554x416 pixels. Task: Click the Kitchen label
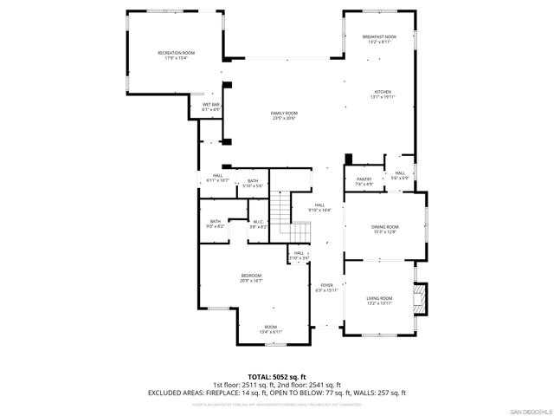pos(383,94)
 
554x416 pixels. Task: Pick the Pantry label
pos(364,181)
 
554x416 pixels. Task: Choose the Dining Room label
pos(384,229)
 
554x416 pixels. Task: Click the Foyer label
pos(326,287)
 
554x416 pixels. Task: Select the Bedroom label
pos(251,278)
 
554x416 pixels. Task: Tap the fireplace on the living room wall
pos(420,300)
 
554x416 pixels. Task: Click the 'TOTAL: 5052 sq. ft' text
pos(277,377)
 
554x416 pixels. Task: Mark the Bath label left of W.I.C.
pos(216,224)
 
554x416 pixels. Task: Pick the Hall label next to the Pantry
pos(400,175)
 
